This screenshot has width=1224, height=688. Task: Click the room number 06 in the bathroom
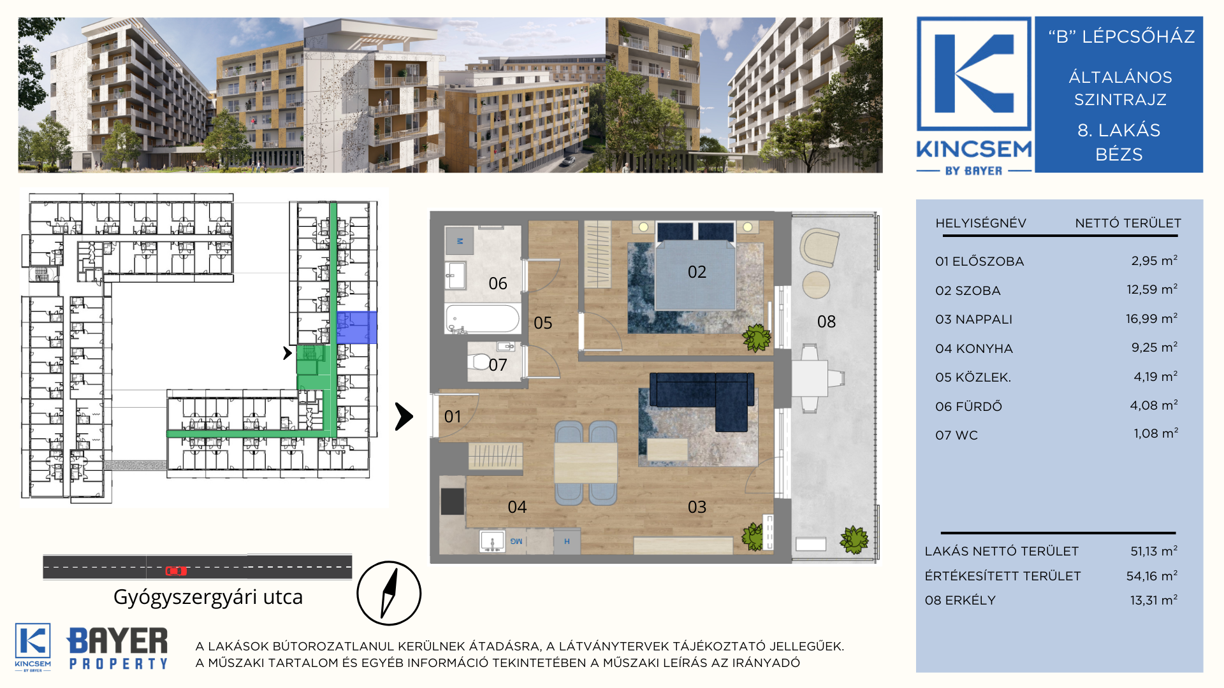coord(498,283)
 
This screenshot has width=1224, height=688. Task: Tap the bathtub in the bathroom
coord(483,319)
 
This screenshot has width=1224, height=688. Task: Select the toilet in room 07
coord(479,362)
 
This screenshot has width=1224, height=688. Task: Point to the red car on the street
coord(176,571)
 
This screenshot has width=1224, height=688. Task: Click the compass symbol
coord(389,593)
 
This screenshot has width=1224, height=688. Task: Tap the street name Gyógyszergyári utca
coord(208,597)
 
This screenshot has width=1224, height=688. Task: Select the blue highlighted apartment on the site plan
coord(357,327)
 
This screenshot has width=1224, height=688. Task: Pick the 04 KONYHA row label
coord(974,348)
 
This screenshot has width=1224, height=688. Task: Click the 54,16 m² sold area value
coord(1152,576)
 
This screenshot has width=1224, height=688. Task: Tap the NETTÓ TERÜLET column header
coord(1128,223)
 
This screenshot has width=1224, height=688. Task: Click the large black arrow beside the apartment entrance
coord(404,417)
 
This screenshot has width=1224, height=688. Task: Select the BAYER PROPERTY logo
coord(118,648)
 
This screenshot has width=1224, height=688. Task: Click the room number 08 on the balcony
coord(826,322)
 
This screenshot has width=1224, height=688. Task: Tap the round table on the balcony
coord(816,284)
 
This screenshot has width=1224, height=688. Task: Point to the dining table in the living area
coord(585,462)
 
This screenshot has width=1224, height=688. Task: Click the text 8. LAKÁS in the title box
coord(1119,130)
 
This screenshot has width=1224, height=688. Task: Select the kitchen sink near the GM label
coord(492,541)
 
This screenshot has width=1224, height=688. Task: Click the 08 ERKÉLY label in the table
coord(960,600)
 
